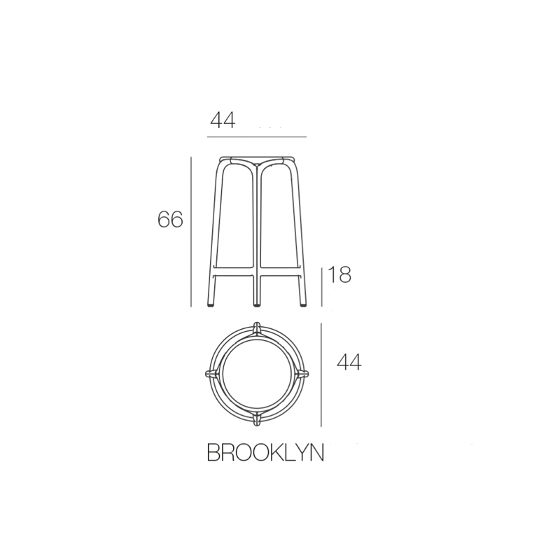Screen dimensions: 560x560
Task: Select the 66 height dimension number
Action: point(170,220)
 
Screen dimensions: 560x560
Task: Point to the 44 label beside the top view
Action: point(349,363)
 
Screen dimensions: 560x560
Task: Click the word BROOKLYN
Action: point(265,453)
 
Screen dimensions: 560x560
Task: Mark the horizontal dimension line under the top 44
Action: point(258,136)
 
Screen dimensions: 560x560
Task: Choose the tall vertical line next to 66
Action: point(191,231)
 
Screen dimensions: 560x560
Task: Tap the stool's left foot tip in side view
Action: point(212,304)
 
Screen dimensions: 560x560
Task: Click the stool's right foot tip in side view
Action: point(303,304)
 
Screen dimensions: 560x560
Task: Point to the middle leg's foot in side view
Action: point(258,304)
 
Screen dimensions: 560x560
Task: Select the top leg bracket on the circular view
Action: point(257,327)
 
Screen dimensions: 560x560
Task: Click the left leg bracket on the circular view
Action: point(210,374)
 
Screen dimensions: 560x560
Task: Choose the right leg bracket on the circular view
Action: point(303,374)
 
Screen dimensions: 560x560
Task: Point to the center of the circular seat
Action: point(257,373)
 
